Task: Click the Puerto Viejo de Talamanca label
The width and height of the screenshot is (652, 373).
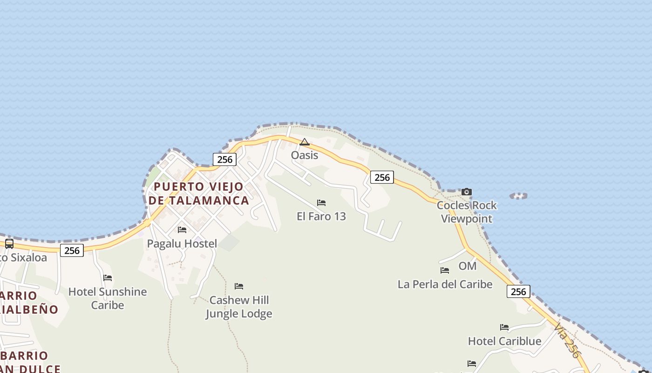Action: (x=199, y=193)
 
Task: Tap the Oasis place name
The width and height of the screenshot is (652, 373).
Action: (x=305, y=155)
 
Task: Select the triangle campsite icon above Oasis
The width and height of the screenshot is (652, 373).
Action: (x=305, y=142)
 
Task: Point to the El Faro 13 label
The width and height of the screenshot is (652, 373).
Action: (x=321, y=216)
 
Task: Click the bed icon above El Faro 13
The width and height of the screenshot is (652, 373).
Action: (x=321, y=203)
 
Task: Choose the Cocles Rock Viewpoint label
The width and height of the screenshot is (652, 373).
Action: (x=467, y=212)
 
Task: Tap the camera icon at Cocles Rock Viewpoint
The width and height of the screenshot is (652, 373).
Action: (x=467, y=192)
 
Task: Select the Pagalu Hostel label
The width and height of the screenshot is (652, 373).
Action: (x=182, y=243)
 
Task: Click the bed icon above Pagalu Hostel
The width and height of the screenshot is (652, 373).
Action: (x=182, y=230)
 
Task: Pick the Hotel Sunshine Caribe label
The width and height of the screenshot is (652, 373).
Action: (x=108, y=298)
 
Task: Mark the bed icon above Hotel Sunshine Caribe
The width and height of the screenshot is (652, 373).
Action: (x=108, y=278)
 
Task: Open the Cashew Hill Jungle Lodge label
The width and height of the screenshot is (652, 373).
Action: (x=239, y=307)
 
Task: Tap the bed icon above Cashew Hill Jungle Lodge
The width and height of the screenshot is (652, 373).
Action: (x=239, y=286)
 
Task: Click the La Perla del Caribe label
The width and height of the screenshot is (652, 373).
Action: (x=445, y=284)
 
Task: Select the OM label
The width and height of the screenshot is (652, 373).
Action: (x=468, y=266)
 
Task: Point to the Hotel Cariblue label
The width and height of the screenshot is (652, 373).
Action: (x=504, y=341)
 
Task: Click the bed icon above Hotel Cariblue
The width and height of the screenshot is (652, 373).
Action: (x=504, y=327)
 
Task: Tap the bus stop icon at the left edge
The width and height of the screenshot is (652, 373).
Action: (x=9, y=243)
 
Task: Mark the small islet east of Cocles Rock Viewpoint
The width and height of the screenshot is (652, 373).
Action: (x=519, y=196)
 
